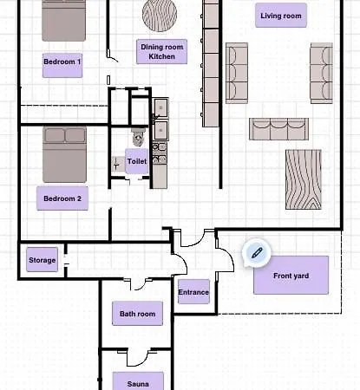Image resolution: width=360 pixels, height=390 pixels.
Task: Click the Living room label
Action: [282, 16]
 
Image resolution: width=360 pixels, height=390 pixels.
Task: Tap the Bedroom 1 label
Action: [62, 62]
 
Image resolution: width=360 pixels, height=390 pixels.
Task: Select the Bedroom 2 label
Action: [62, 198]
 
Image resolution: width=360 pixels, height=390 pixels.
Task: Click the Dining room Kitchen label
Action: [161, 51]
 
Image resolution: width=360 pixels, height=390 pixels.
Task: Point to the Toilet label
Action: [136, 161]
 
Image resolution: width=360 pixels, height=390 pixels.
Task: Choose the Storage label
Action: [43, 260]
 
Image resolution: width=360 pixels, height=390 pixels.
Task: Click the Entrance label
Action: [193, 292]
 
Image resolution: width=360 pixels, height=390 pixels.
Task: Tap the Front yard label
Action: [291, 276]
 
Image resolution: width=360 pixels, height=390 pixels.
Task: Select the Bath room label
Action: [138, 314]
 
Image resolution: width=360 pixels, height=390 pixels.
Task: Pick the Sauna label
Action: [138, 382]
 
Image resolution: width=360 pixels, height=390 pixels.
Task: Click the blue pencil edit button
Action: [256, 252]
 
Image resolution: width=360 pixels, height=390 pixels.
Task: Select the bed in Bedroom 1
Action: [63, 19]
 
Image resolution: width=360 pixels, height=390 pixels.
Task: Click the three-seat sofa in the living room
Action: [278, 129]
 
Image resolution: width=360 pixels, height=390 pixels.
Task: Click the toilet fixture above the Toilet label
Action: [138, 137]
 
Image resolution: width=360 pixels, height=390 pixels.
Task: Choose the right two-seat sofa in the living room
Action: [322, 71]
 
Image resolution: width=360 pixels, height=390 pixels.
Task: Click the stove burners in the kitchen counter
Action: [160, 154]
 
